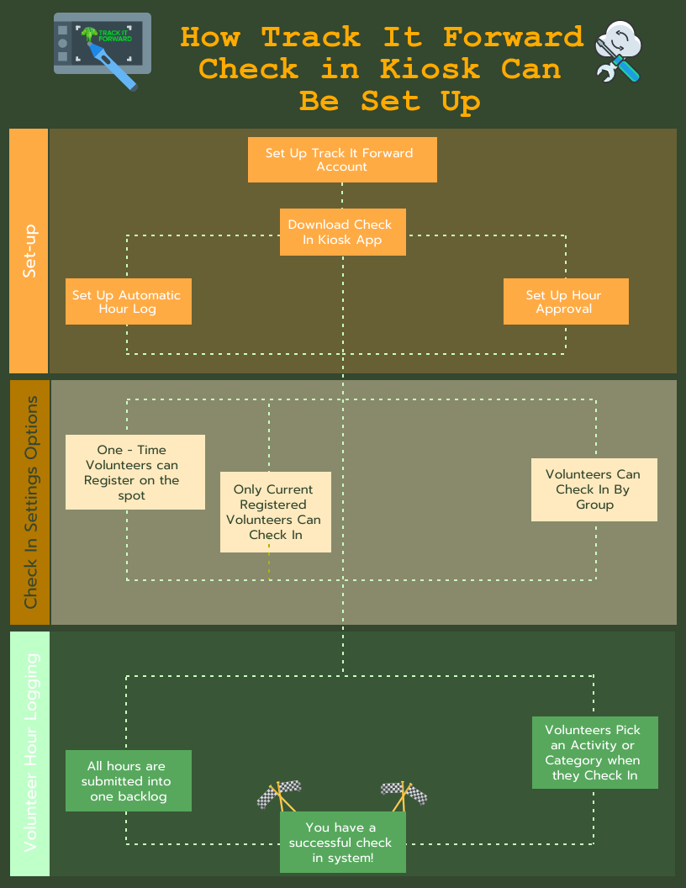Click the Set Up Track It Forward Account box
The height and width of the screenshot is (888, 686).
pyautogui.click(x=342, y=160)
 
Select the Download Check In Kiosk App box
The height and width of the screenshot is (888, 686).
pyautogui.click(x=343, y=232)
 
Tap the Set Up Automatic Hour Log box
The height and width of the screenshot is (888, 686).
pyautogui.click(x=128, y=301)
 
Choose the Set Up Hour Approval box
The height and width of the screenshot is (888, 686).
pyautogui.click(x=566, y=301)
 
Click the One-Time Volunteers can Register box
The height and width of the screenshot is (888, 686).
pyautogui.click(x=135, y=472)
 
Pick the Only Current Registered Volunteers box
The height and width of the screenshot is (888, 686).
pyautogui.click(x=275, y=511)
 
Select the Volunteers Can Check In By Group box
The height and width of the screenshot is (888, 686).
pyautogui.click(x=594, y=489)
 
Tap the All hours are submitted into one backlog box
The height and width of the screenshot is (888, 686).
pyautogui.click(x=129, y=780)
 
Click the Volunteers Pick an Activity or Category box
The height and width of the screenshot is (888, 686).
pyautogui.click(x=594, y=752)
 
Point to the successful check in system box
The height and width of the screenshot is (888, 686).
pyautogui.click(x=342, y=842)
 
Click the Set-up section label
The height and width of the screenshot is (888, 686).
pyautogui.click(x=29, y=251)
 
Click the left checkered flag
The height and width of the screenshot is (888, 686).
pyautogui.click(x=277, y=795)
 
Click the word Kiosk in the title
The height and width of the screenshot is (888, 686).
pyautogui.click(x=430, y=68)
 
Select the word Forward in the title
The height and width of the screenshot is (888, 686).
pyautogui.click(x=513, y=37)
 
